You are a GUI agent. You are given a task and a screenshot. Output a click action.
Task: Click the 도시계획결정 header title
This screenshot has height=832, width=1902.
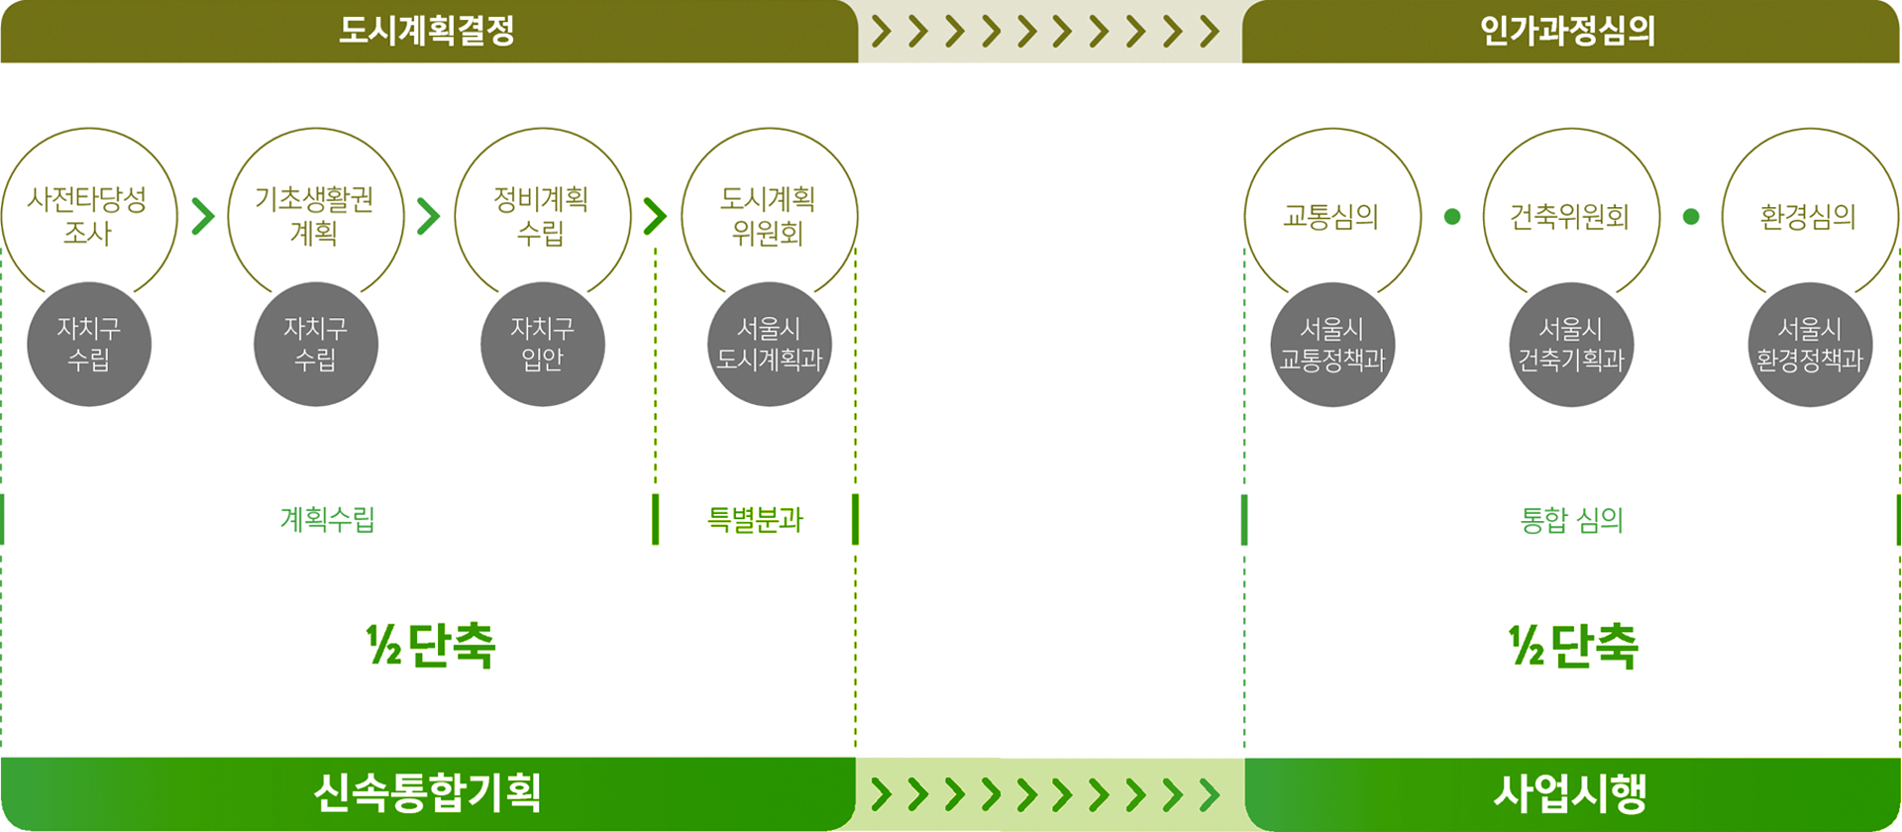[427, 31]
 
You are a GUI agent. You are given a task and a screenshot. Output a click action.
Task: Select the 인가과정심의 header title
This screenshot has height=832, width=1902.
[1567, 31]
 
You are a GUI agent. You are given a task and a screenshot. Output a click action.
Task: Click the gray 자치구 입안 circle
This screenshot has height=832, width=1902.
[542, 344]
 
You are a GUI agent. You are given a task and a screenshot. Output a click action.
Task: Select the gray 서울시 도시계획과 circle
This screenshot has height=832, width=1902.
[769, 344]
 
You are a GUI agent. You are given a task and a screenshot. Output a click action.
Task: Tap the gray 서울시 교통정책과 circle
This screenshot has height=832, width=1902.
[1332, 344]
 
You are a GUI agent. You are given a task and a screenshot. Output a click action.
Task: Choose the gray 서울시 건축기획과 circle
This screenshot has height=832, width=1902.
[1571, 344]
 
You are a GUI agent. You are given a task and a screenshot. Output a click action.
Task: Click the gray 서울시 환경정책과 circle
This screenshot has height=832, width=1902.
[1810, 344]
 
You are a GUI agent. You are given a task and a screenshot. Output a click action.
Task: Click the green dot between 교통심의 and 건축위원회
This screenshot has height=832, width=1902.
[1452, 216]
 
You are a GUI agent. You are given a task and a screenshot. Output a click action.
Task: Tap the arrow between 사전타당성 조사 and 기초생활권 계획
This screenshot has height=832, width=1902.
[203, 216]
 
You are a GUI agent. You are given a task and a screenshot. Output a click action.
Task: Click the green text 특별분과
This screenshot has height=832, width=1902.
[755, 519]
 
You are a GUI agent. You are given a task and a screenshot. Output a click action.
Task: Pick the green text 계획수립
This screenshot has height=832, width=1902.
[328, 519]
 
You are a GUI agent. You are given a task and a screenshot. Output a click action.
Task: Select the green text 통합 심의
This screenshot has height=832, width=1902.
[1571, 520]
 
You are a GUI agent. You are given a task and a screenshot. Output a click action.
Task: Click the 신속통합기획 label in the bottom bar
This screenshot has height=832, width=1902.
[427, 792]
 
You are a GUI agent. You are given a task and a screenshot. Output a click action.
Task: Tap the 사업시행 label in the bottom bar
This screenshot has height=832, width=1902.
[1570, 792]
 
